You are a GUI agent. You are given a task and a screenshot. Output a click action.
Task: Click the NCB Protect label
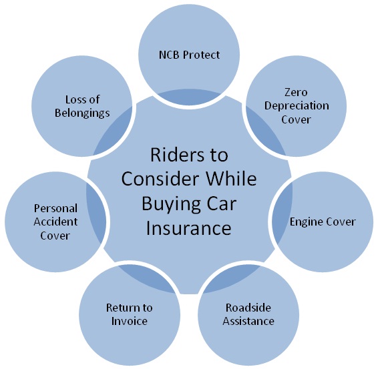click(x=189, y=55)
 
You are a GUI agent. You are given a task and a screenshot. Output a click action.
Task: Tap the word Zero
click(x=296, y=92)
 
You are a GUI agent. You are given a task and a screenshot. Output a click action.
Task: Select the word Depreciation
click(x=297, y=106)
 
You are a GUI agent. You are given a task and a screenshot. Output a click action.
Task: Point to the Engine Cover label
click(x=323, y=222)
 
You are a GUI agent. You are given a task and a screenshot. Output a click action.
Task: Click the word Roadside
click(x=248, y=308)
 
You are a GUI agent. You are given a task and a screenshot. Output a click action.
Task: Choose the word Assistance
click(x=248, y=321)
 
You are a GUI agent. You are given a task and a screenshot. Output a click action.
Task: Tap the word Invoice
click(x=129, y=321)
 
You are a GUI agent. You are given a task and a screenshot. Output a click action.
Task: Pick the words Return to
click(x=129, y=308)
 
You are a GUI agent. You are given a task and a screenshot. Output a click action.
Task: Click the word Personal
click(x=55, y=208)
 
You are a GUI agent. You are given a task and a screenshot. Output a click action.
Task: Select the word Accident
click(x=55, y=222)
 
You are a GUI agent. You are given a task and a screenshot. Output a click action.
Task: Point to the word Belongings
click(x=82, y=113)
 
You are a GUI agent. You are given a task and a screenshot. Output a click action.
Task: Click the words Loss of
click(x=82, y=99)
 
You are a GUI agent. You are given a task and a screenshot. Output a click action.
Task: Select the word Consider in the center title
click(x=160, y=179)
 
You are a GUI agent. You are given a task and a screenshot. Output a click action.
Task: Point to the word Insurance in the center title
click(x=189, y=228)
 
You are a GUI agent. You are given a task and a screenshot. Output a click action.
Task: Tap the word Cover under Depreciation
click(x=296, y=119)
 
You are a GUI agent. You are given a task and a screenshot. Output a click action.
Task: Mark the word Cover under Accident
click(x=55, y=236)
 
